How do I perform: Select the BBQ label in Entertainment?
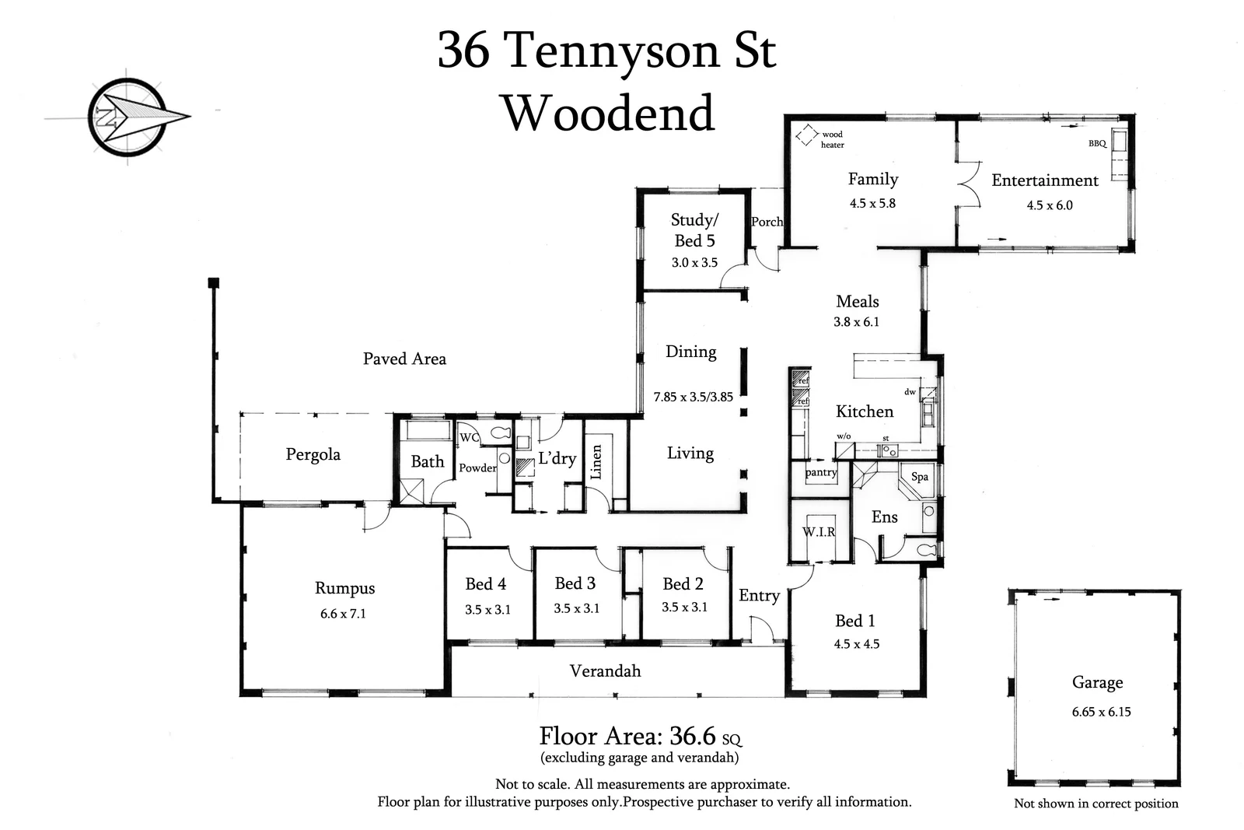pyautogui.click(x=1097, y=144)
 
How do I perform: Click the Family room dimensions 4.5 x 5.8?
pyautogui.click(x=872, y=203)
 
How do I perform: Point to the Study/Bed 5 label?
pyautogui.click(x=694, y=230)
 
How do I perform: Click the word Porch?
pyautogui.click(x=767, y=222)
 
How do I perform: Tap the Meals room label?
pyautogui.click(x=858, y=301)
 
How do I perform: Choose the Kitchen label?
pyautogui.click(x=865, y=411)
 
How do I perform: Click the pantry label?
pyautogui.click(x=821, y=472)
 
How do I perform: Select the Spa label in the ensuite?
pyautogui.click(x=920, y=477)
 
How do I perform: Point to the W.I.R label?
pyautogui.click(x=819, y=532)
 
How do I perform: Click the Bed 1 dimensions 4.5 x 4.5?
pyautogui.click(x=856, y=644)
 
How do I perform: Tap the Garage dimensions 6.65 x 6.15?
pyautogui.click(x=1102, y=712)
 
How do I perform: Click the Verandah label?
pyautogui.click(x=605, y=671)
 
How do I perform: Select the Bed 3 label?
pyautogui.click(x=575, y=583)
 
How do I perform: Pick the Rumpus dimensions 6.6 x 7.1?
pyautogui.click(x=343, y=614)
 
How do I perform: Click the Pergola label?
pyautogui.click(x=313, y=454)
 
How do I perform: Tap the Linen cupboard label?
pyautogui.click(x=596, y=461)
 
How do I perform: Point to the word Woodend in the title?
pyautogui.click(x=609, y=114)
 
